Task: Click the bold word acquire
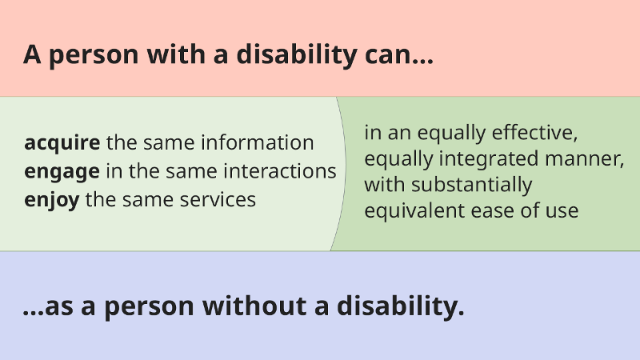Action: pyautogui.click(x=62, y=143)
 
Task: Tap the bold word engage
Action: pyautogui.click(x=62, y=171)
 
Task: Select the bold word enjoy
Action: pyautogui.click(x=52, y=199)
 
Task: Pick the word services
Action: pyautogui.click(x=218, y=199)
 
